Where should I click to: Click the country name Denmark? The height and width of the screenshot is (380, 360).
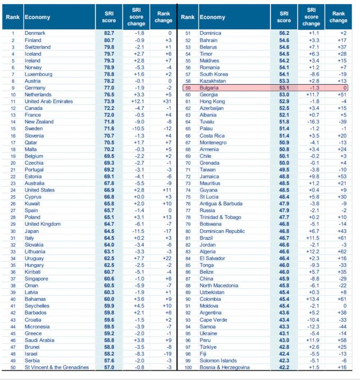click(x=35, y=33)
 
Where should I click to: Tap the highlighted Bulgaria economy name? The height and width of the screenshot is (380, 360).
click(x=209, y=88)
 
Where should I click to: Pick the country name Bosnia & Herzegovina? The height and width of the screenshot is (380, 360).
click(x=224, y=367)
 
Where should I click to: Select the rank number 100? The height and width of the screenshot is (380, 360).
click(x=187, y=367)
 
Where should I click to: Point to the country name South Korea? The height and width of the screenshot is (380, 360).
click(x=213, y=74)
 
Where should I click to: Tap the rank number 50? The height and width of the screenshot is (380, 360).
click(x=12, y=367)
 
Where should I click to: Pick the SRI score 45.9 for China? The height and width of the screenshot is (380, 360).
click(x=284, y=279)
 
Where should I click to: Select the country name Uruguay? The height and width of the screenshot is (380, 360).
click(x=34, y=258)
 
